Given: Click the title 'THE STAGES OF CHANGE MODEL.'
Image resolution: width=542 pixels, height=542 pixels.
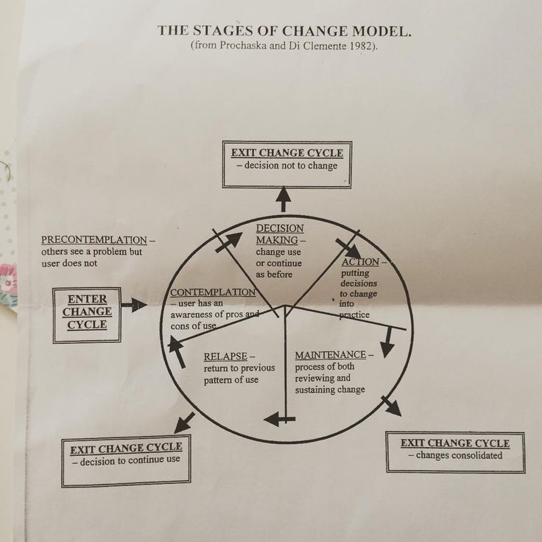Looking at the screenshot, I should [x=284, y=31].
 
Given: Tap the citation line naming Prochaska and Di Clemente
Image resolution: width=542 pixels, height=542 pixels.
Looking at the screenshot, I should [x=284, y=46].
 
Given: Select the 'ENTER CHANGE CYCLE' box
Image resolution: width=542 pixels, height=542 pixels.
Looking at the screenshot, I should [x=87, y=312].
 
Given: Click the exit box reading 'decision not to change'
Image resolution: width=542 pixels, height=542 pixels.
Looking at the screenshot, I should [x=287, y=159].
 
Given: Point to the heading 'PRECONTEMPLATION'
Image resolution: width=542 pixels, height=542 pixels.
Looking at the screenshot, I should [x=94, y=240].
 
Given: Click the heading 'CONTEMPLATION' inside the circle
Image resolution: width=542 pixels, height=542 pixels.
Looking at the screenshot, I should [x=214, y=292].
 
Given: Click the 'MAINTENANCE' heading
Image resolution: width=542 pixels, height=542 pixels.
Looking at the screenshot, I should [x=330, y=356].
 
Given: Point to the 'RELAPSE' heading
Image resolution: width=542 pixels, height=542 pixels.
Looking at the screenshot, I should [x=225, y=356].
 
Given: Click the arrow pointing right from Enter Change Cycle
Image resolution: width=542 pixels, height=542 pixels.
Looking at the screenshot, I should [x=133, y=304].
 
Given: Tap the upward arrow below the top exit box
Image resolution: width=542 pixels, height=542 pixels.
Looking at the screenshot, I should [x=284, y=199].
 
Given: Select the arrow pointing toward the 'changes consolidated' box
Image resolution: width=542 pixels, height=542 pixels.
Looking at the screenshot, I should [x=392, y=406].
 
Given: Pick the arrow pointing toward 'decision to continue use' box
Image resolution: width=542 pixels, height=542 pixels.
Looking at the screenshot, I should [x=183, y=422].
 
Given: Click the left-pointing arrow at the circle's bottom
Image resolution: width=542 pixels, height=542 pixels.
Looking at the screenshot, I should [x=278, y=419].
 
